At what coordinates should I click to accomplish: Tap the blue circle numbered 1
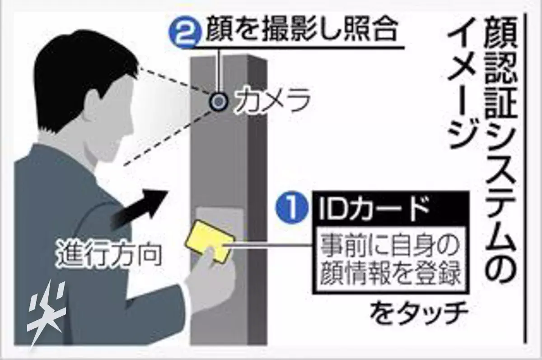pyautogui.click(x=293, y=208)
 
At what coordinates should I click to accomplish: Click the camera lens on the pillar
pyautogui.click(x=219, y=102)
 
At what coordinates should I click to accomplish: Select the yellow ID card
pyautogui.click(x=210, y=241)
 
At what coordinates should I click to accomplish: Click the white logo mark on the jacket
pyautogui.click(x=46, y=314)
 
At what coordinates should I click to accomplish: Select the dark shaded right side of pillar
pyautogui.click(x=257, y=201)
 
